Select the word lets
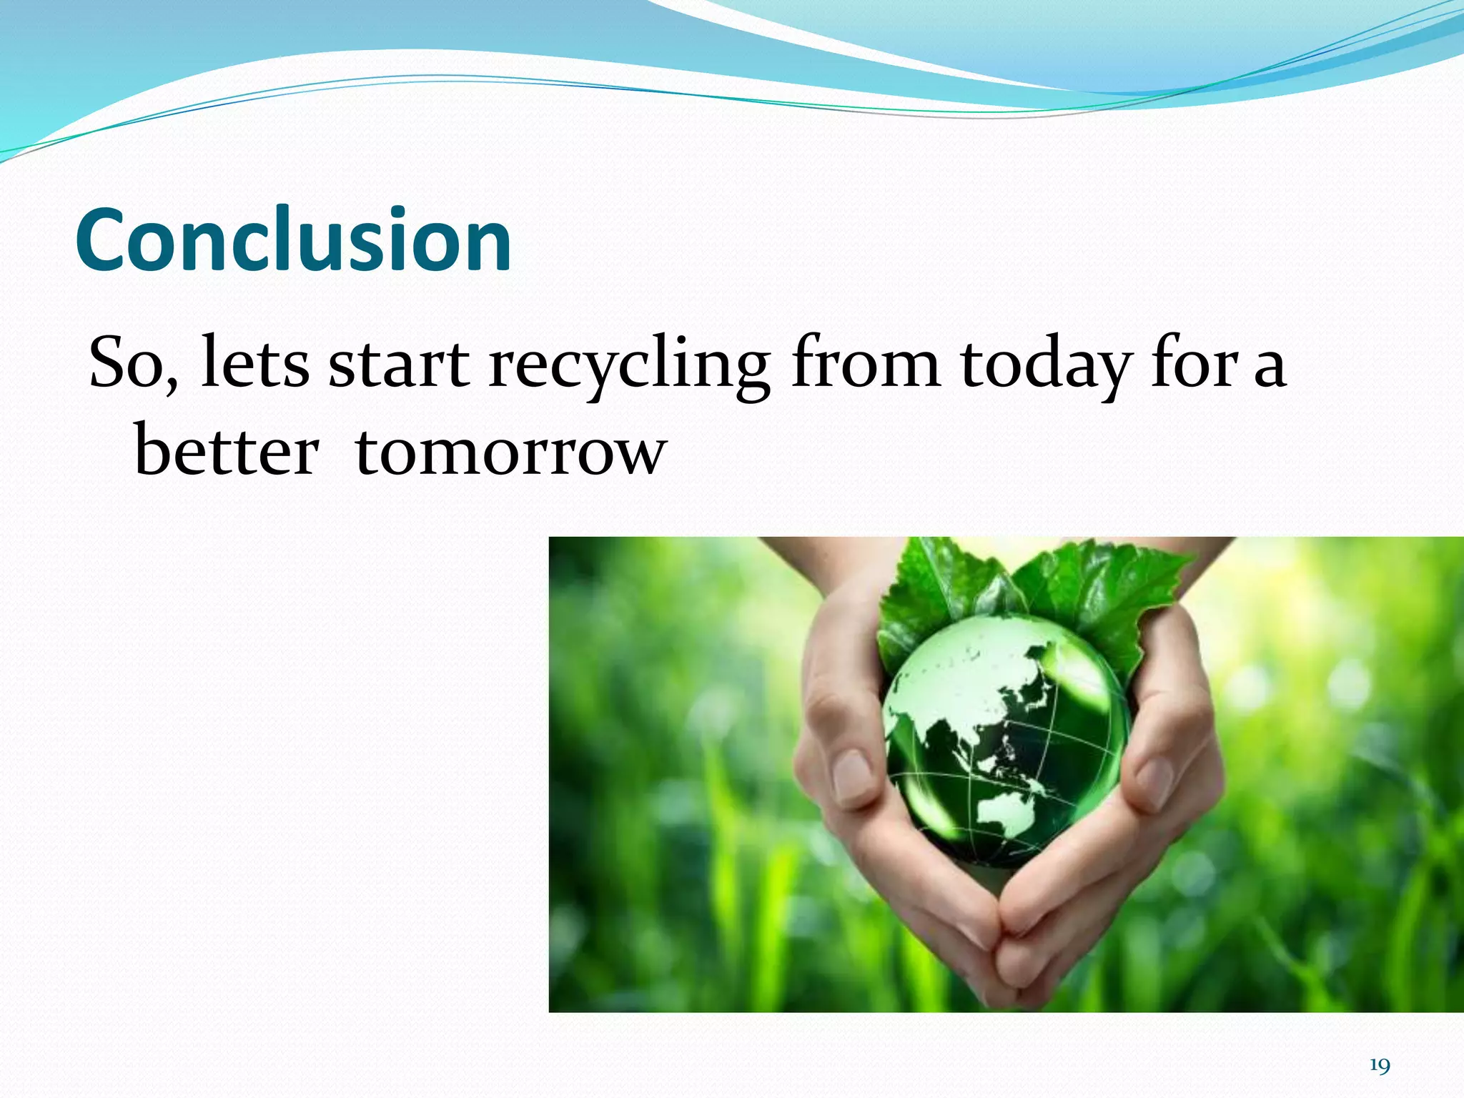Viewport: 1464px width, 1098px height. tap(255, 364)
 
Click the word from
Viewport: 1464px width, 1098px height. tap(866, 364)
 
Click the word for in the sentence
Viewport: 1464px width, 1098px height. tap(1192, 364)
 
